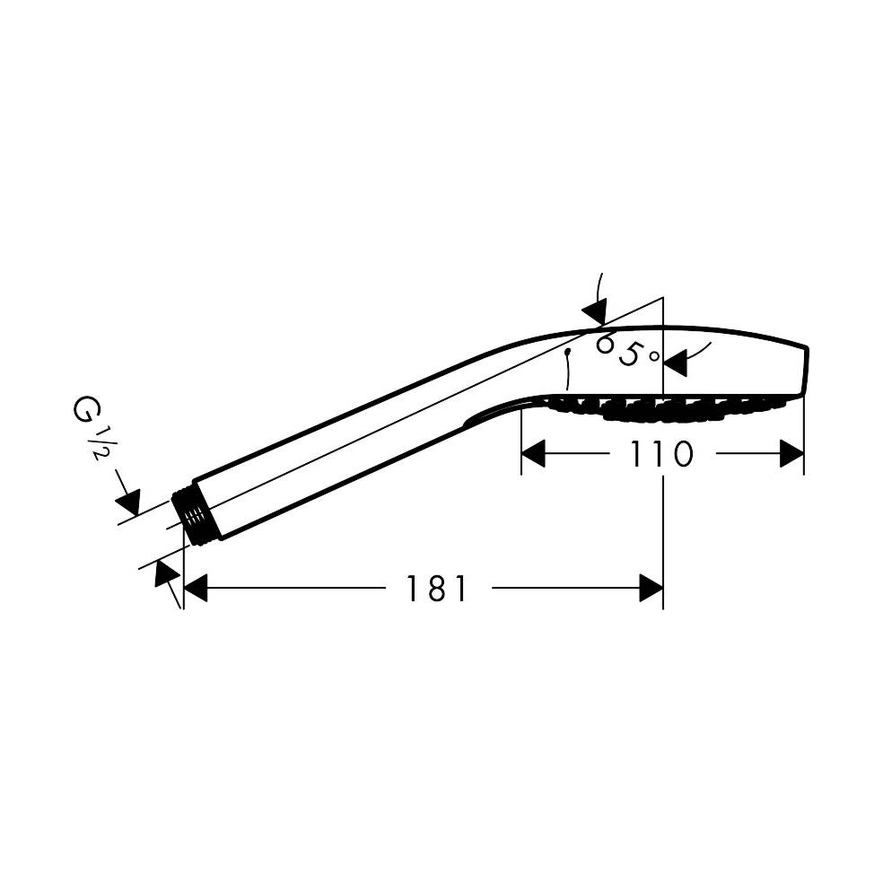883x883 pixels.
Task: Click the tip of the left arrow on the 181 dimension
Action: click(185, 588)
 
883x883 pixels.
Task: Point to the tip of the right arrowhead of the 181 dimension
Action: click(663, 588)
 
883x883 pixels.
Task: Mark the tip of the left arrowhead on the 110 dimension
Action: click(522, 454)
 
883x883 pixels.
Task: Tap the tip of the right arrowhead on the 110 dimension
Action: click(804, 454)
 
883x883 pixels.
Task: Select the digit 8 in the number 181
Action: click(436, 589)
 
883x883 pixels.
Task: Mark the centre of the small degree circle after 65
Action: click(654, 356)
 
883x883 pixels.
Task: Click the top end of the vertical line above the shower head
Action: click(663, 298)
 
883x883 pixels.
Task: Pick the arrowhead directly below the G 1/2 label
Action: click(127, 503)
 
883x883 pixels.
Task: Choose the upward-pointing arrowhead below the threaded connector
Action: click(167, 573)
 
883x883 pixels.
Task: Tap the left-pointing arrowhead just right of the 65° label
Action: click(676, 363)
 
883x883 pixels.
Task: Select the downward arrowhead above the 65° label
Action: click(595, 312)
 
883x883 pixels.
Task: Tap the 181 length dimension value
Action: click(436, 589)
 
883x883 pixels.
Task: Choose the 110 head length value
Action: click(660, 454)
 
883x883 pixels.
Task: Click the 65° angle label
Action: click(626, 350)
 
